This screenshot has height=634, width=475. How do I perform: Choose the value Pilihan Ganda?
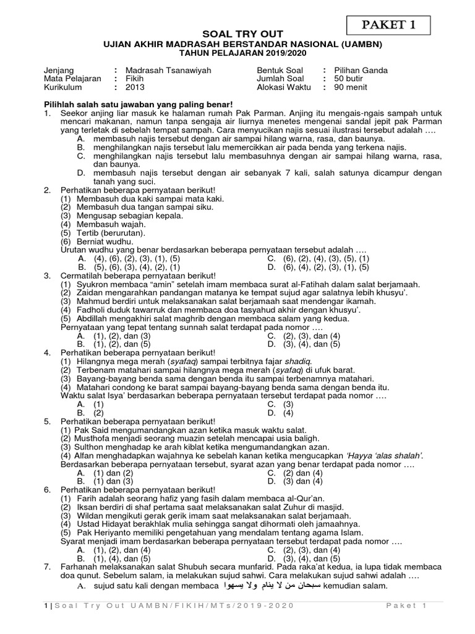(361, 71)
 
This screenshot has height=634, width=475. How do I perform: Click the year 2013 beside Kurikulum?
(134, 87)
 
